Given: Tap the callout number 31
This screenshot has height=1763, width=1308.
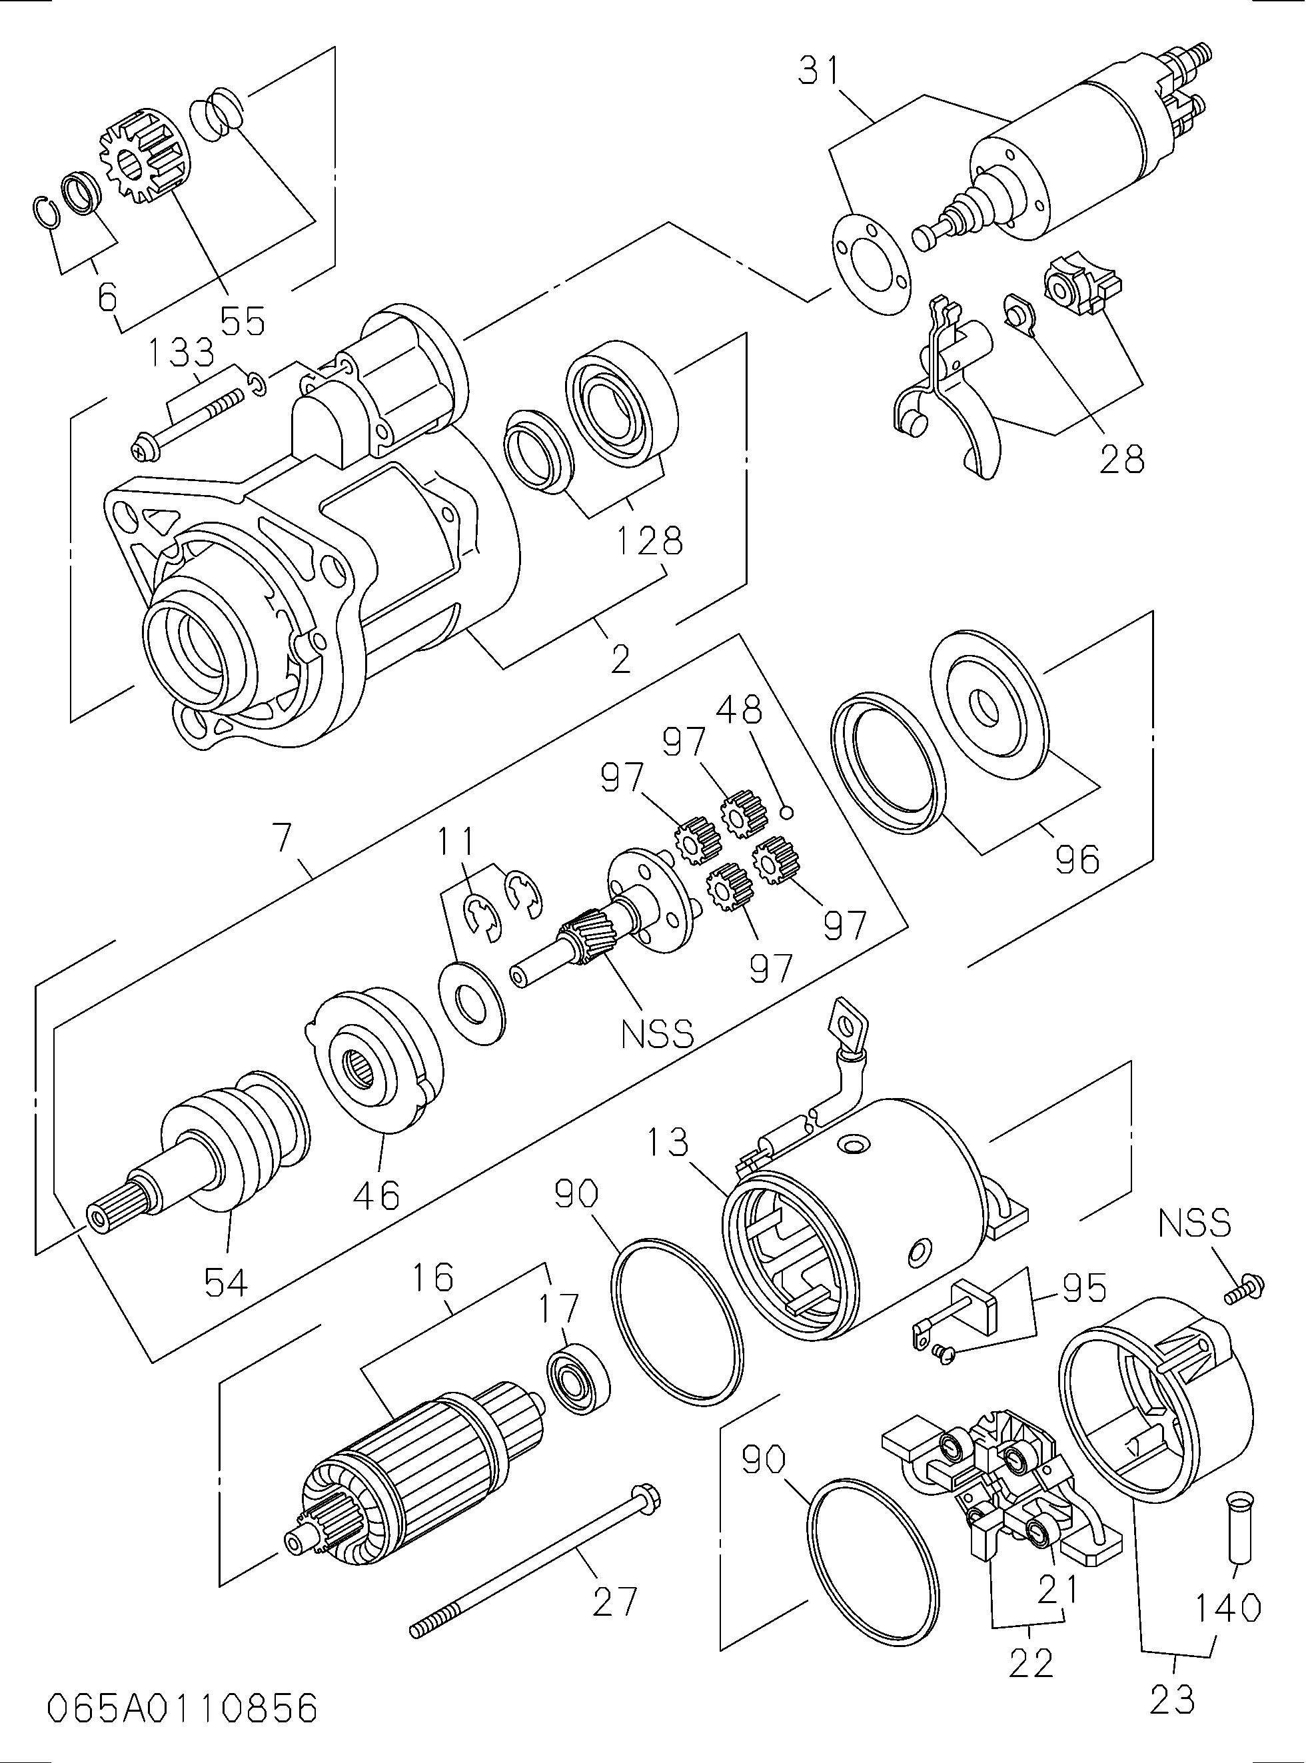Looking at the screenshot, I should point(820,71).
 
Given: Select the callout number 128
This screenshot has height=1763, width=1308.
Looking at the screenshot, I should point(648,541).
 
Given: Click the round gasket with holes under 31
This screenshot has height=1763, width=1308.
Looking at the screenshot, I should point(871,264).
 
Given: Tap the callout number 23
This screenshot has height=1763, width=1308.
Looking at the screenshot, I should point(1172,1696).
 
